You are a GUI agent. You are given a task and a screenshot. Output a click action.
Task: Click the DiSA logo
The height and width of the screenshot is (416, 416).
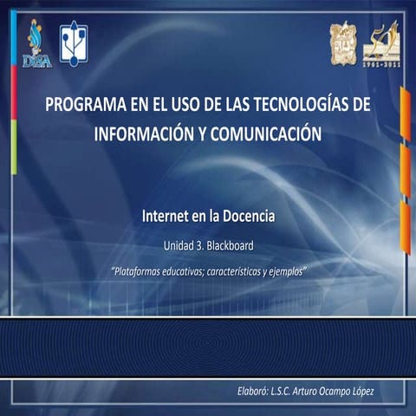pyautogui.click(x=37, y=45)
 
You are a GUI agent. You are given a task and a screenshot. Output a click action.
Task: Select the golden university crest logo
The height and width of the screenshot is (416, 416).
pyautogui.click(x=343, y=42)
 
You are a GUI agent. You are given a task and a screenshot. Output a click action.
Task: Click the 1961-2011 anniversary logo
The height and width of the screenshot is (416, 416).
pyautogui.click(x=381, y=43)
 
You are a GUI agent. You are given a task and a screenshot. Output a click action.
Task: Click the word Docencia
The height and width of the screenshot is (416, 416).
pyautogui.click(x=246, y=212)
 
